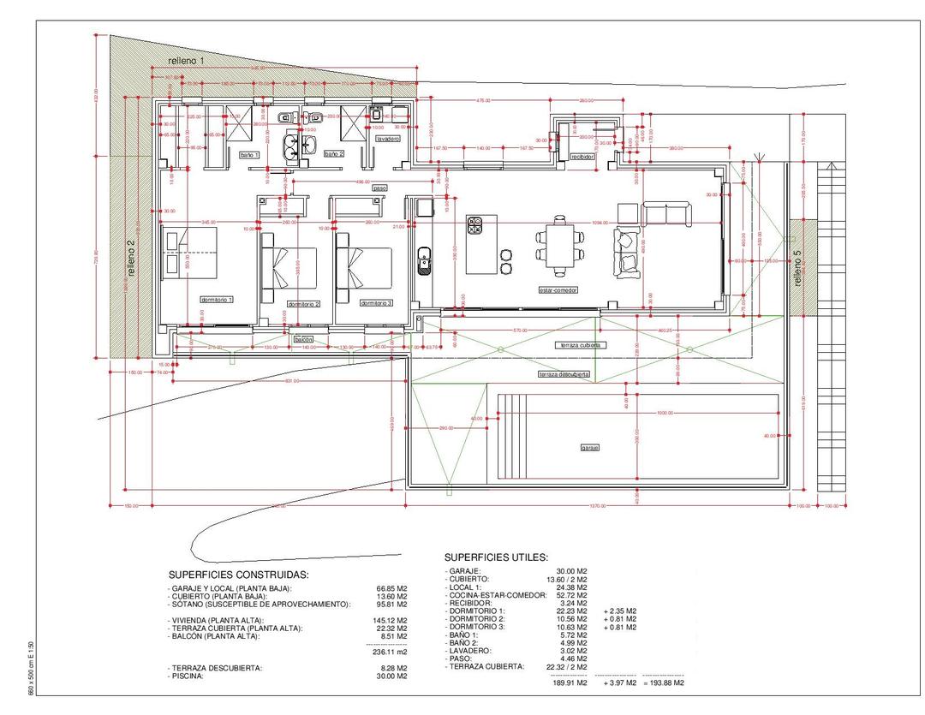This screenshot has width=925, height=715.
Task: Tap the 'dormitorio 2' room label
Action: tap(303, 304)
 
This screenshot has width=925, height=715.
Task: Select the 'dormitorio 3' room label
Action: tap(376, 303)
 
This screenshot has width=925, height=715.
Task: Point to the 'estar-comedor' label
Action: tap(558, 290)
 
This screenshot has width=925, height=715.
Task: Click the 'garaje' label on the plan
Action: tap(589, 448)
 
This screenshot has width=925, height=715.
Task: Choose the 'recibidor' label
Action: tap(582, 157)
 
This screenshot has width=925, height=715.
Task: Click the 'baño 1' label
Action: tap(249, 154)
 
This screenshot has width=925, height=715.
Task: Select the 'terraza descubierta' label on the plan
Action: tap(562, 374)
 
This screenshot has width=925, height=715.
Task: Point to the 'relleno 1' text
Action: tap(186, 61)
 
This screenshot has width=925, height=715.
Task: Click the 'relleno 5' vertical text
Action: tap(797, 268)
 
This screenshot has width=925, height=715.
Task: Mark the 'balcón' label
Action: tap(303, 340)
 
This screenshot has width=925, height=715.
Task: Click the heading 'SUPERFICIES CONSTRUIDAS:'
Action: tap(238, 575)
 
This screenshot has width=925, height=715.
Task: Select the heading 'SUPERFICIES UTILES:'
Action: tap(496, 557)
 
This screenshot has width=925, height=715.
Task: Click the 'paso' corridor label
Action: tap(379, 188)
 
